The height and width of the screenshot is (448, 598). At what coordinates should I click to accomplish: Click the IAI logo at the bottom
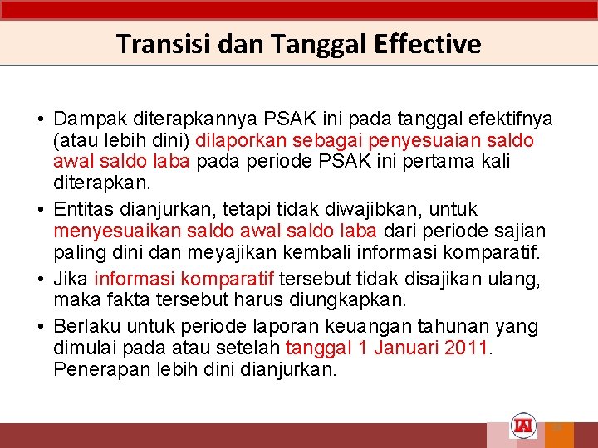tap(524, 426)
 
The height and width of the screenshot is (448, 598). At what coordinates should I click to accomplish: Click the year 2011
tap(467, 348)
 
